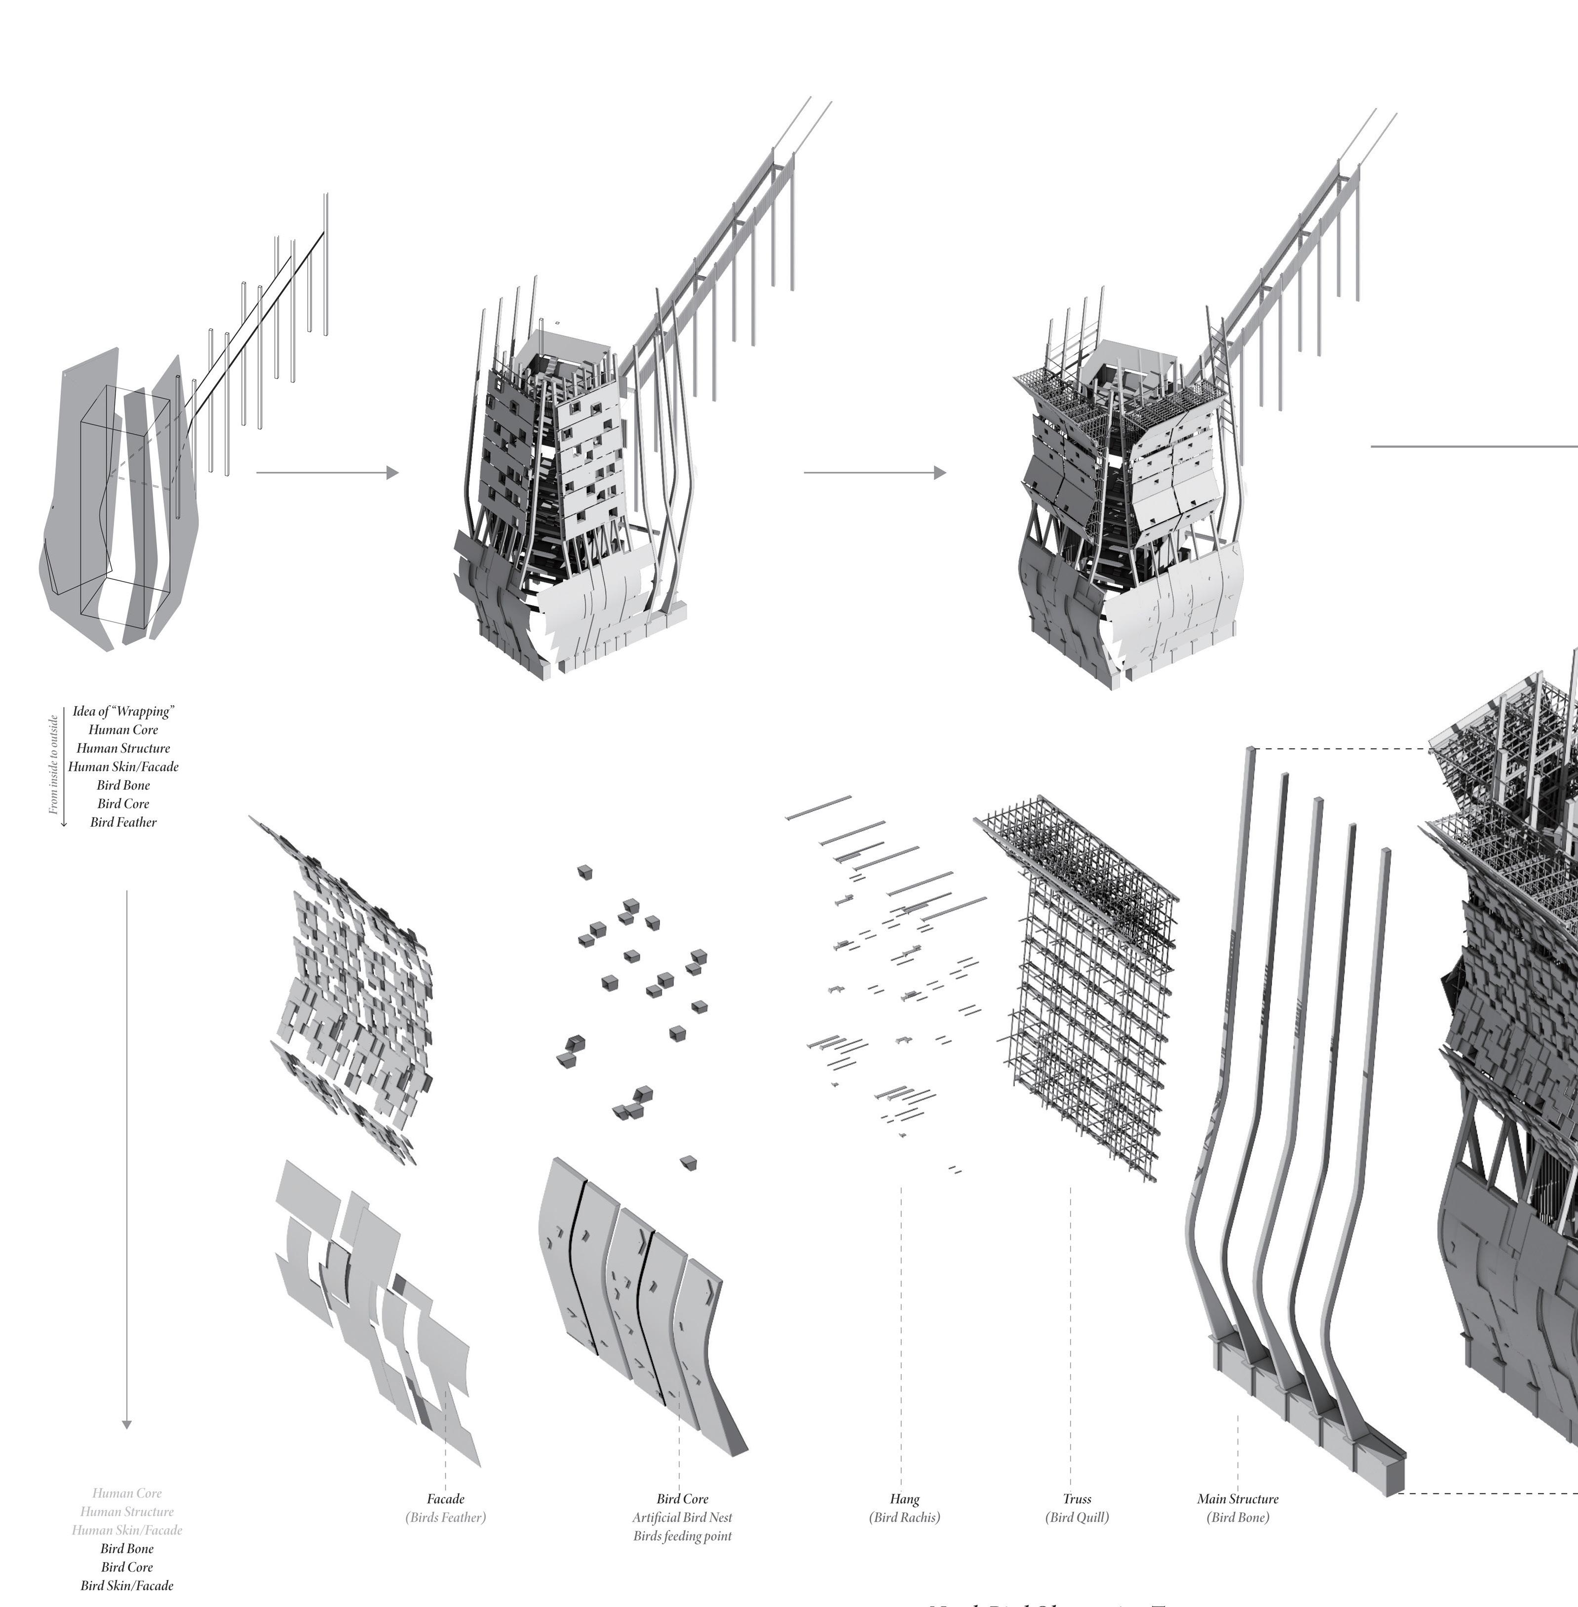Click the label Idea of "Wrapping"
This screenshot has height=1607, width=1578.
click(x=123, y=711)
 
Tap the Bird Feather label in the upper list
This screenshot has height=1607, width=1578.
click(x=123, y=822)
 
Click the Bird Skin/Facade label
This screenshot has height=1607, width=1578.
click(x=127, y=1585)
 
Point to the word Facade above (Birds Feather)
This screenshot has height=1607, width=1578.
click(x=445, y=1498)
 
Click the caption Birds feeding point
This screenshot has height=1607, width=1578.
click(x=682, y=1536)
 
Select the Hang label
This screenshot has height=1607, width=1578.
click(x=904, y=1498)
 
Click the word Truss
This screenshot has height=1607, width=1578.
click(x=1077, y=1498)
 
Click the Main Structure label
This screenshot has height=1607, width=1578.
click(x=1237, y=1498)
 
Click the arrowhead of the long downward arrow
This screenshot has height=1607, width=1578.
click(x=127, y=1425)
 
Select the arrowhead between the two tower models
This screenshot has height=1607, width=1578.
click(x=940, y=473)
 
